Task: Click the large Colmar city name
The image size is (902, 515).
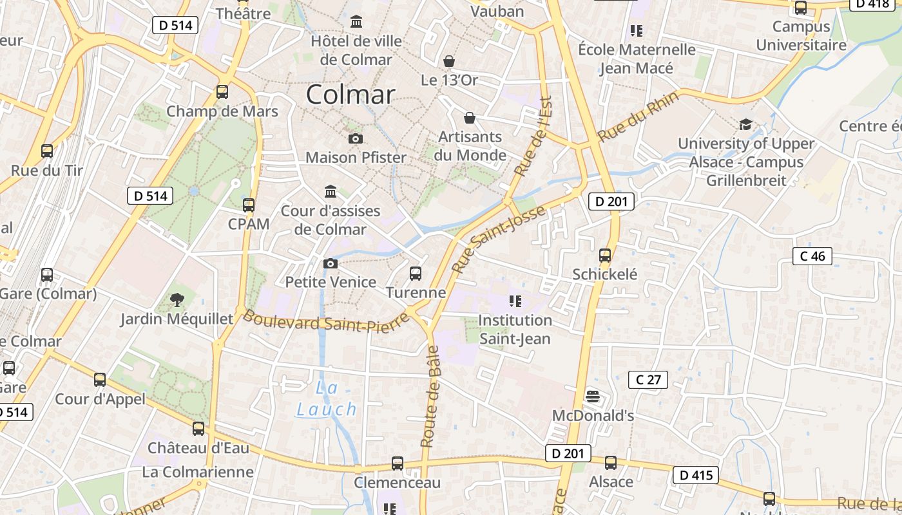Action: pos(350,95)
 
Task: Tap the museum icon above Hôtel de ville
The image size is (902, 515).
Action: pos(356,23)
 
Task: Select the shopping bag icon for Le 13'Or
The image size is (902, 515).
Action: pos(449,61)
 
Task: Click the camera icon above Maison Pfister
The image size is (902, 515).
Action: pos(355,138)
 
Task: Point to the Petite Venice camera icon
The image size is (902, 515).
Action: pos(330,263)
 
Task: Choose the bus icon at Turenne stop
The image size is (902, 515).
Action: pos(416,274)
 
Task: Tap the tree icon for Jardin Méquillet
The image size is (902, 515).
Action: pos(177,300)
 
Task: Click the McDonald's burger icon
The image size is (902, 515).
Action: pos(593,397)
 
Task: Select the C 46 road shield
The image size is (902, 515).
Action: pos(812,256)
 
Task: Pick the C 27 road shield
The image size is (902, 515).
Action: pos(648,379)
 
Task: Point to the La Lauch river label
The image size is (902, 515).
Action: pos(327,398)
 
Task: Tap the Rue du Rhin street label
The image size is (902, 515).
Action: pos(638,117)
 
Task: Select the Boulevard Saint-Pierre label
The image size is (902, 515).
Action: pos(326,322)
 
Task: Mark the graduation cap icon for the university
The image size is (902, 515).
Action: pos(745,124)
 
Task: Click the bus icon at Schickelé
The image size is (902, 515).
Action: pos(605,256)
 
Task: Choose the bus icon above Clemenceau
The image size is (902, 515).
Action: pos(398,464)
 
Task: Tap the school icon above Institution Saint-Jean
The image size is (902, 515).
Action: pos(515,301)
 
